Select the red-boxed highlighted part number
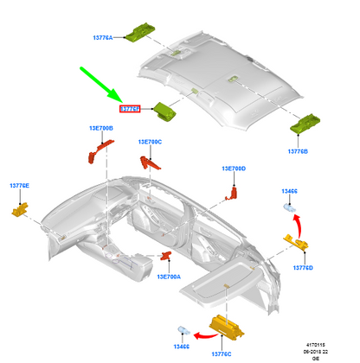(x=131, y=110)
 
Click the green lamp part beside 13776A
(x=141, y=29)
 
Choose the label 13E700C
(x=150, y=142)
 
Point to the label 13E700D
(x=233, y=168)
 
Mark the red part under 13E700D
(x=231, y=193)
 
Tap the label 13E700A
(x=169, y=277)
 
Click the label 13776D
(x=302, y=268)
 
